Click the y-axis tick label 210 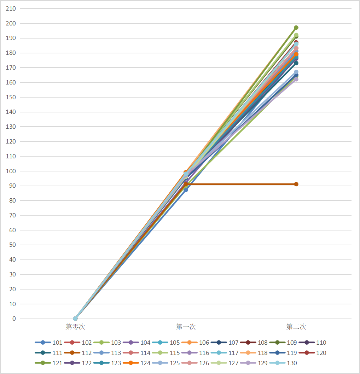click(11, 8)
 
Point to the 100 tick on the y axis click(11, 171)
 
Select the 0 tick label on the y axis click(14, 319)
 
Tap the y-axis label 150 click(11, 97)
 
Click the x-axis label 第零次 click(75, 327)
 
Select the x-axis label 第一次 click(186, 327)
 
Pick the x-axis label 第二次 click(296, 327)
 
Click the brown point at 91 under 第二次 click(296, 184)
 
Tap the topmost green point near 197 click(296, 28)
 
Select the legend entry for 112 click(78, 353)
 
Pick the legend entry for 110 click(313, 343)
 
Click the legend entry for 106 click(195, 343)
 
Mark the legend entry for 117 click(225, 353)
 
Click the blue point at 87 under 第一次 click(186, 190)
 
